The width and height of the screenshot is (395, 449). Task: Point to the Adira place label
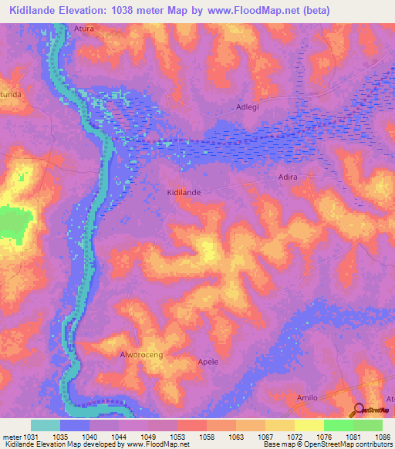click(x=287, y=177)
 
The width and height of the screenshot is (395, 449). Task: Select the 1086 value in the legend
click(x=383, y=437)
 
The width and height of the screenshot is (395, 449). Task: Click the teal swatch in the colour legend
click(x=46, y=425)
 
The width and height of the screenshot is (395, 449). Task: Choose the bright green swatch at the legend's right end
click(x=368, y=425)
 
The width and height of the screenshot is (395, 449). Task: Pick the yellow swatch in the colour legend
click(x=309, y=425)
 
